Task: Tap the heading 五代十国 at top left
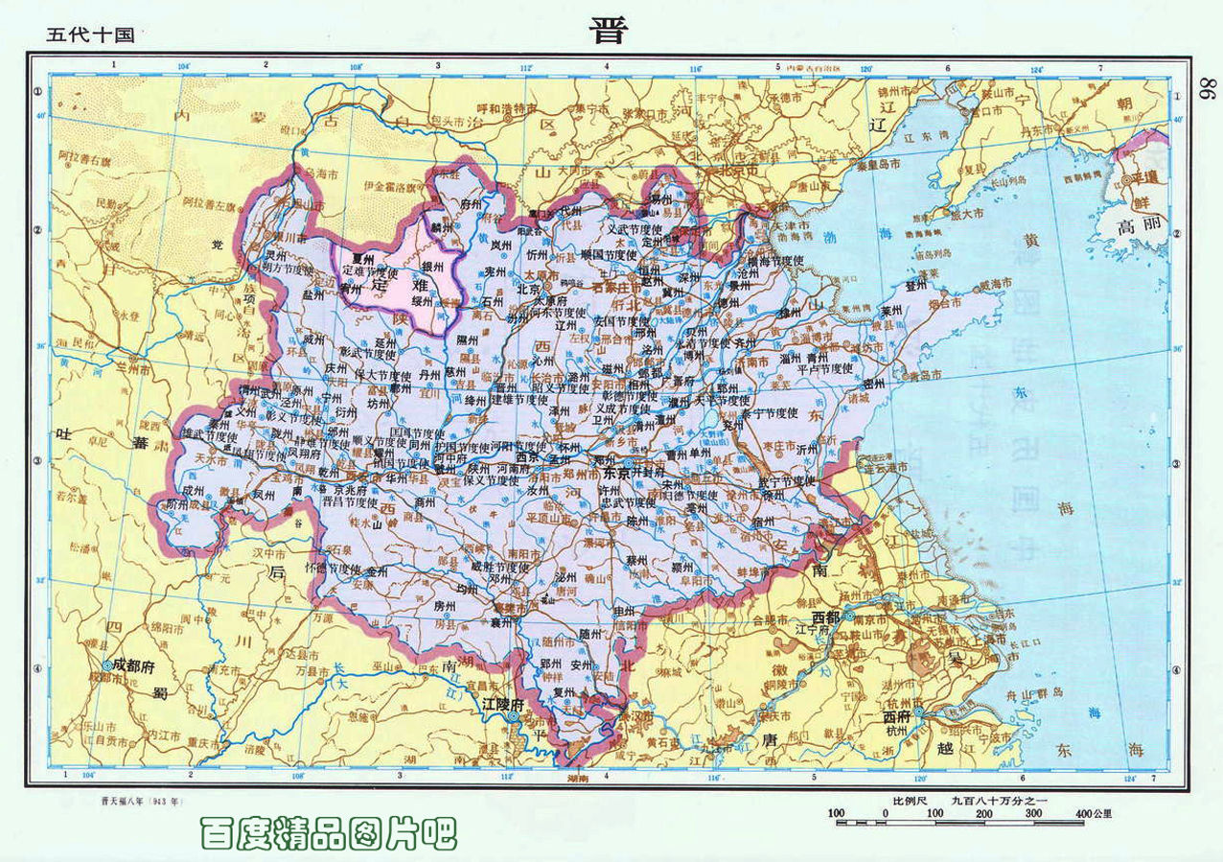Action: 90,35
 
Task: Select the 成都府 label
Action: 132,664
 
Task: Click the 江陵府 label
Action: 502,704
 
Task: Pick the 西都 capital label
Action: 827,616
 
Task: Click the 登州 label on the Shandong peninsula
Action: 916,285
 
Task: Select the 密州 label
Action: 873,382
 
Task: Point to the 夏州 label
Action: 361,258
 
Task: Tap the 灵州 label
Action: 275,256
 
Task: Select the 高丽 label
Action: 1140,229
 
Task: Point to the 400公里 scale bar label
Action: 1093,814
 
